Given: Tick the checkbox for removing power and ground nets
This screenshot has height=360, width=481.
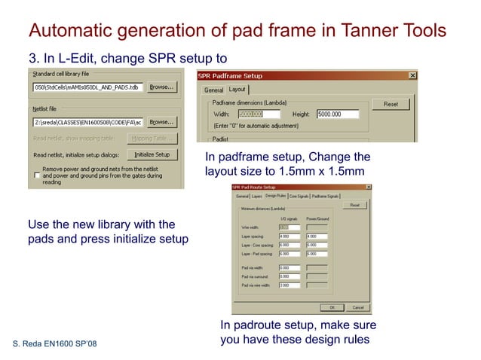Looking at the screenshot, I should pos(37,175).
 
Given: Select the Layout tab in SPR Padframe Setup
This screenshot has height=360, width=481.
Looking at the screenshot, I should pos(238,90).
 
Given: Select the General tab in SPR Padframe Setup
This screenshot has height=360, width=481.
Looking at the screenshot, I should pos(214,90).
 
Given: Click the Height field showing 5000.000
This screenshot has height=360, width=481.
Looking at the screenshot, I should pos(338,114).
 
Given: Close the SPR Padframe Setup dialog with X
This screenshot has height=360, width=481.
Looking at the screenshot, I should pos(412,76).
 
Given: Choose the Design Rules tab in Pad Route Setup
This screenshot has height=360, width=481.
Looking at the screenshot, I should pos(276,195).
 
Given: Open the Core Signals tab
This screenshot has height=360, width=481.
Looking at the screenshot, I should pos(299,195).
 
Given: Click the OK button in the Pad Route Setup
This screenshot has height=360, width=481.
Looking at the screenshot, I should pos(332,307).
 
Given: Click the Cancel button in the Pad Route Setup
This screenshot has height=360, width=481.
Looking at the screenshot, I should pos(357,307).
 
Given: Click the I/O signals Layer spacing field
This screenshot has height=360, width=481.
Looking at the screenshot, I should pos(289,236).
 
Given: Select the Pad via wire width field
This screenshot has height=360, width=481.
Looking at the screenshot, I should pos(289,285).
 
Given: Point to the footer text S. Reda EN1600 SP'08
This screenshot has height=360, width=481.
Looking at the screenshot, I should pos(55,345).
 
